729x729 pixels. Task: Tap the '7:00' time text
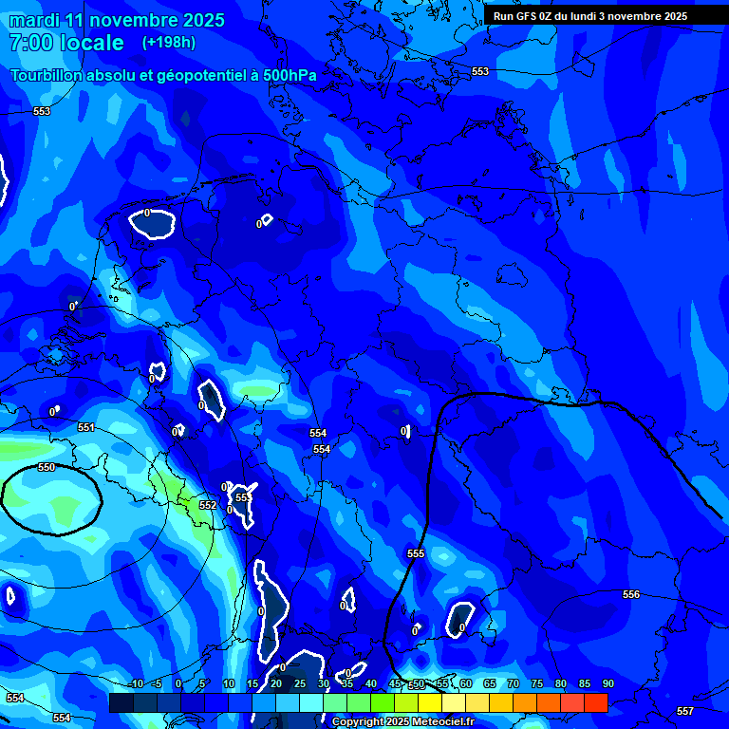(28, 43)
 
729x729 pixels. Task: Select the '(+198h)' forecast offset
(168, 43)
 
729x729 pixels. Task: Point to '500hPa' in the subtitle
(290, 75)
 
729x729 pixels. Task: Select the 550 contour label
(47, 468)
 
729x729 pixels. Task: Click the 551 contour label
(86, 428)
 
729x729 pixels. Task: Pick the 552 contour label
(208, 505)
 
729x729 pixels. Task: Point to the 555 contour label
(416, 553)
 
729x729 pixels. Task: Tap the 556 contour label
(631, 594)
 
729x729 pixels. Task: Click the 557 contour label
(685, 711)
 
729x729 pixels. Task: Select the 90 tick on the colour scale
(607, 683)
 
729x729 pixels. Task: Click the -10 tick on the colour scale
(136, 683)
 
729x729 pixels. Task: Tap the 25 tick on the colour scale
(299, 683)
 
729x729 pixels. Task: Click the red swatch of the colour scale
(595, 702)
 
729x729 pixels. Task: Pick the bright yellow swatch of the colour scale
(429, 702)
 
